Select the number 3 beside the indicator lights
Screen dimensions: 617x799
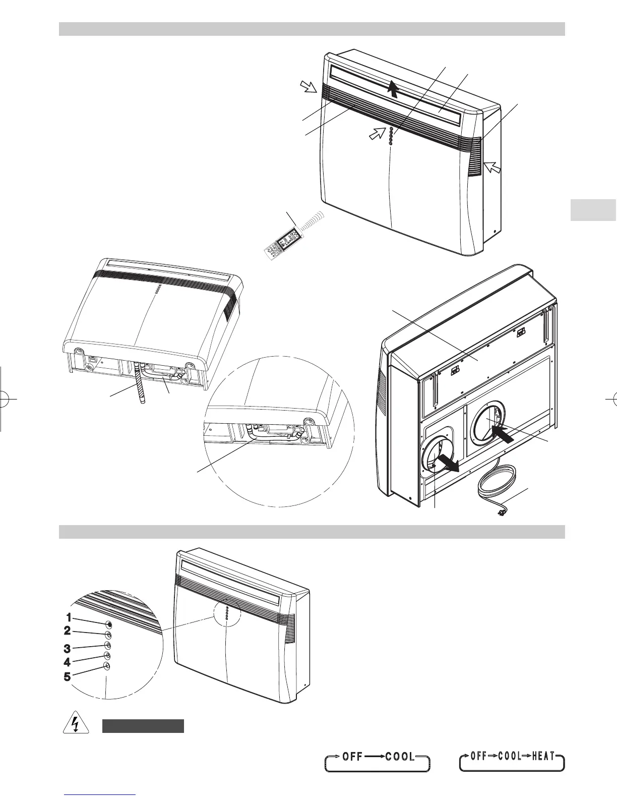pos(67,648)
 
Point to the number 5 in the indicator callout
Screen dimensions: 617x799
pos(67,677)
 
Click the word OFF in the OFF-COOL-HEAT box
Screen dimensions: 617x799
pos(479,756)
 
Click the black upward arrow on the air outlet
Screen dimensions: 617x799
pos(394,89)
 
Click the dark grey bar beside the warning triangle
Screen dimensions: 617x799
pos(143,726)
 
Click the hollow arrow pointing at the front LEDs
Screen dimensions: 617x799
pos(376,135)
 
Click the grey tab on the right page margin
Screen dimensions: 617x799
pos(593,210)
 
